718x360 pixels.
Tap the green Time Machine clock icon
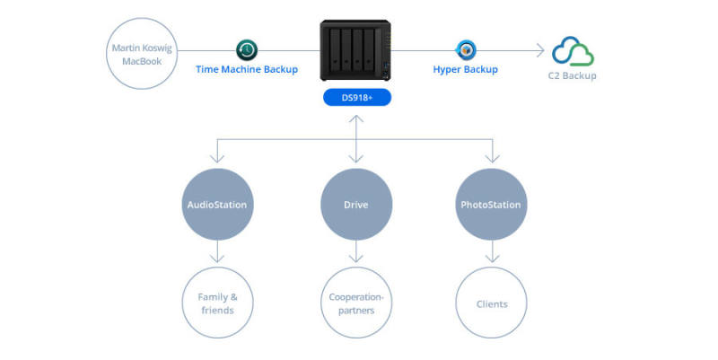[x=247, y=50]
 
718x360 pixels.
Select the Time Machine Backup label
[x=247, y=70]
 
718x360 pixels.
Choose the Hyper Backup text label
[x=465, y=70]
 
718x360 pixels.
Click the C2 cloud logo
[x=574, y=51]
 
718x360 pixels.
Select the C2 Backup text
[x=574, y=76]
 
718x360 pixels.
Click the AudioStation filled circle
[x=215, y=205]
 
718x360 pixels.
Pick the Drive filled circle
[x=357, y=205]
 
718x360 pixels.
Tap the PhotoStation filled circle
[x=492, y=205]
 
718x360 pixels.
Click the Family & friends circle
[x=215, y=303]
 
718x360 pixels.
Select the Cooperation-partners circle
[x=357, y=303]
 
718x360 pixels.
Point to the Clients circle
[x=492, y=303]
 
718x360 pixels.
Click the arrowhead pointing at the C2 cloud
[x=537, y=51]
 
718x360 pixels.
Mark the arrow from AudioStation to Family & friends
[x=215, y=253]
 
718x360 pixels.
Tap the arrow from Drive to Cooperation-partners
[x=357, y=253]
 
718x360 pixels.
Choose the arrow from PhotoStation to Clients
[x=492, y=253]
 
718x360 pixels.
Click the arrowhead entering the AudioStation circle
[x=215, y=162]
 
